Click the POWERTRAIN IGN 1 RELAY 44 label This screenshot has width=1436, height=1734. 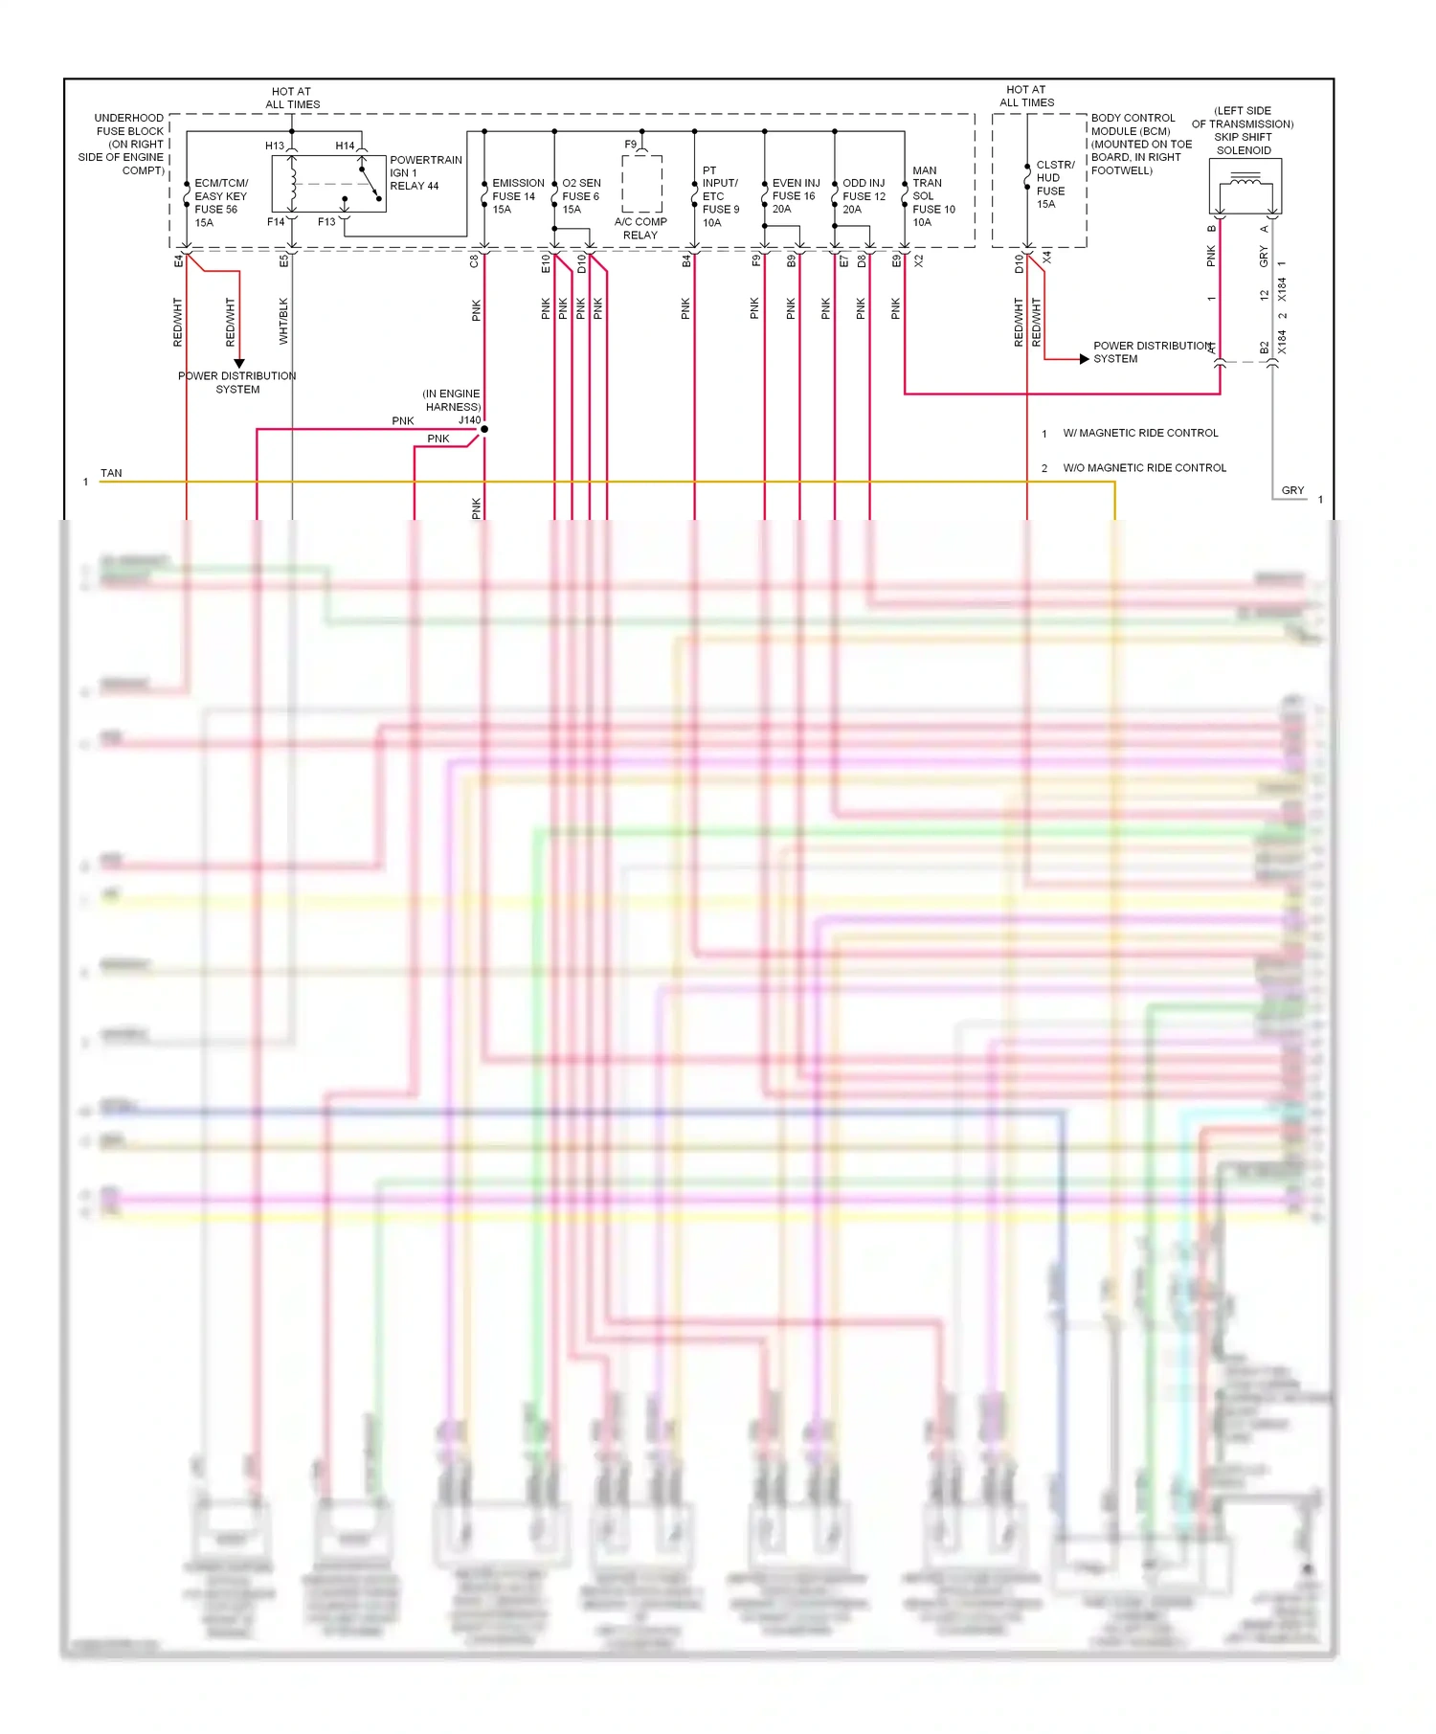425,173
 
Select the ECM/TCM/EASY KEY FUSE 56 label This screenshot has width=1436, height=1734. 220,202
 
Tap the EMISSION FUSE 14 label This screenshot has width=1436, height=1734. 517,196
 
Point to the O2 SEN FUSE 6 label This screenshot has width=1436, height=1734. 581,196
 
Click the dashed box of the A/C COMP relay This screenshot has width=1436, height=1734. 641,183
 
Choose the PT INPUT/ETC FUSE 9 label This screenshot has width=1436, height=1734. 720,196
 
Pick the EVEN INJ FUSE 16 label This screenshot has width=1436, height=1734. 795,196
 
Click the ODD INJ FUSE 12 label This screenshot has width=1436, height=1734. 864,196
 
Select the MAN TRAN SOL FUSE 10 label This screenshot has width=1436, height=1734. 932,196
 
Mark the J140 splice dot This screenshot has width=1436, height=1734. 484,429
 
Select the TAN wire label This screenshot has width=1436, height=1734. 111,473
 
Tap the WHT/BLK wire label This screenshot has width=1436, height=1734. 283,321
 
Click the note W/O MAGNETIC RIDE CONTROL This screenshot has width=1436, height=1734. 1144,468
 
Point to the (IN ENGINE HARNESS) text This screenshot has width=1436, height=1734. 452,400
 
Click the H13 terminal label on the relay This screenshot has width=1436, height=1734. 275,146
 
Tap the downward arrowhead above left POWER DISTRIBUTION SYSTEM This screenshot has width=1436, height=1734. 239,364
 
